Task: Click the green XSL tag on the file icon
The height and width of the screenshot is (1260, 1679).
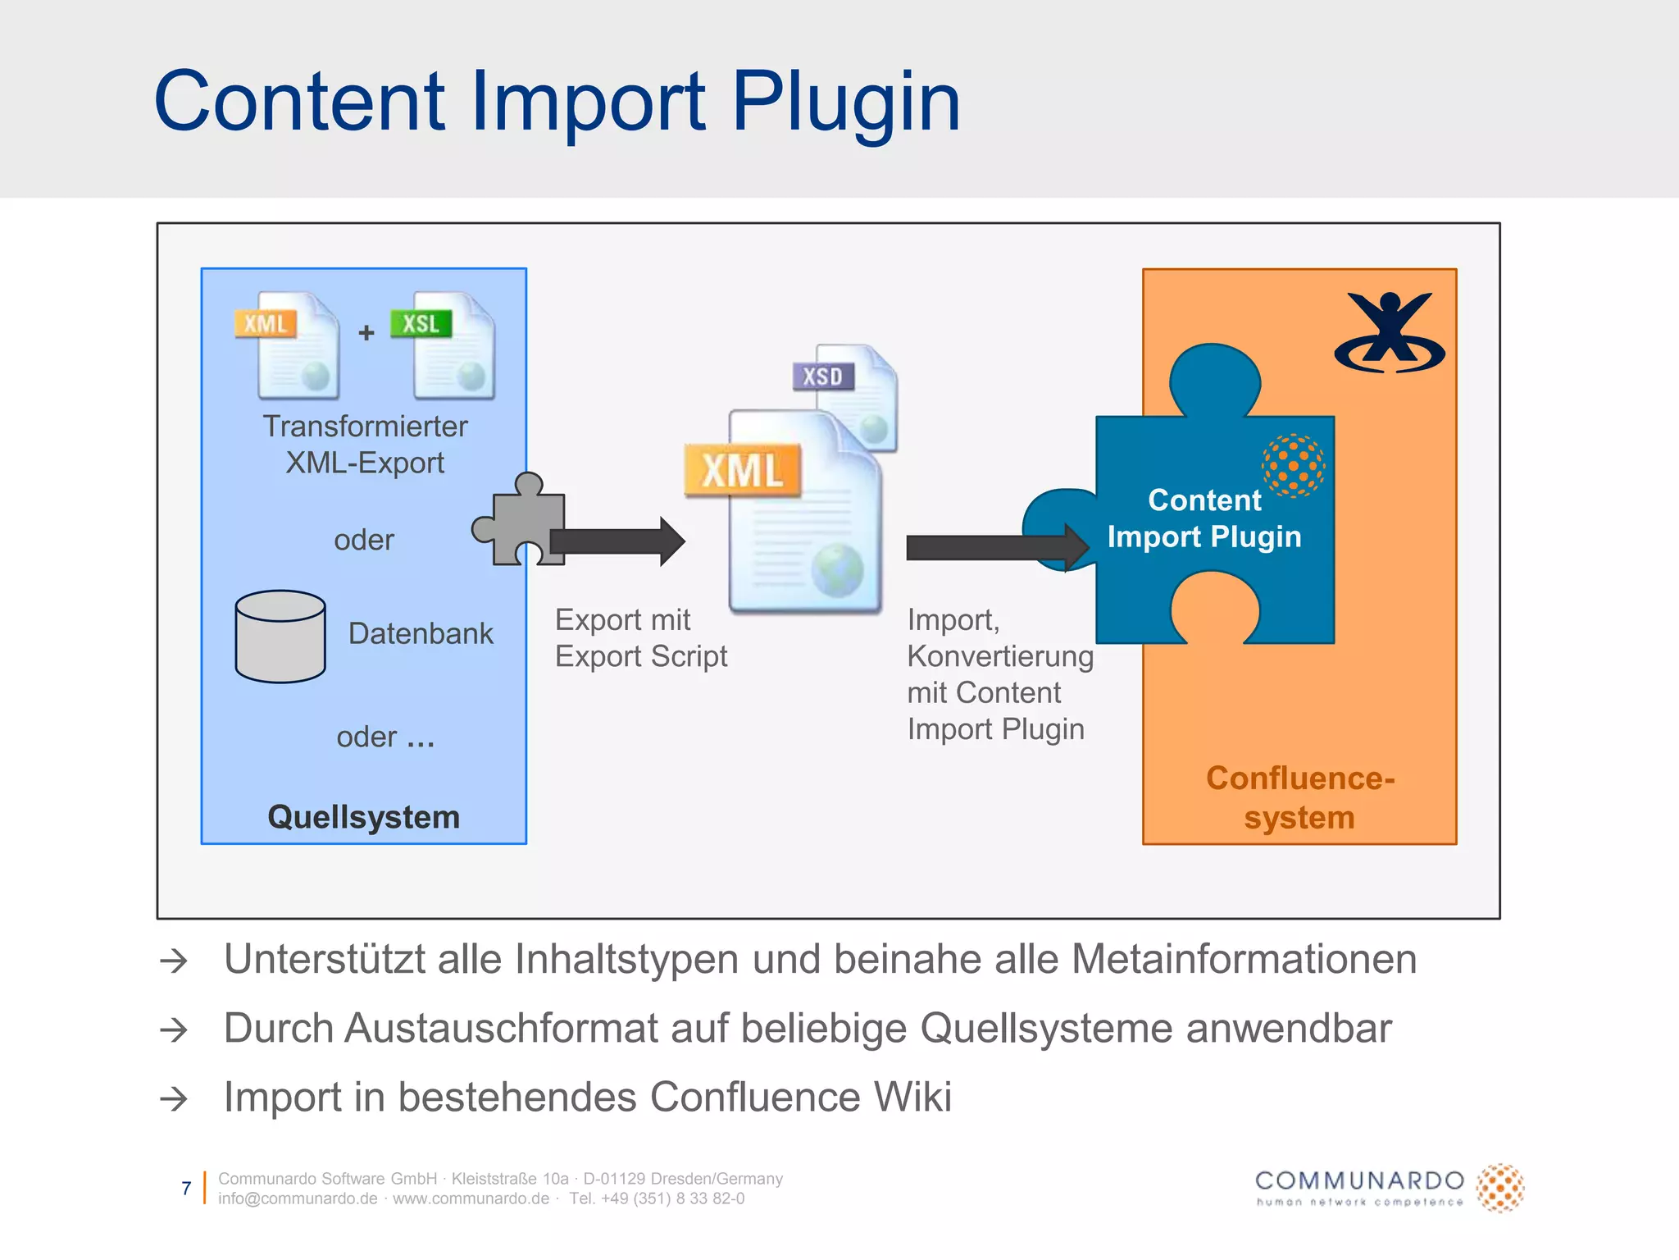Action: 421,323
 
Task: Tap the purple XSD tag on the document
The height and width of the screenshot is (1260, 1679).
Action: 822,377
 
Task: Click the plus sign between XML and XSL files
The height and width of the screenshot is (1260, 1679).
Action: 366,332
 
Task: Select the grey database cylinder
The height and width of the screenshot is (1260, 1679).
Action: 280,637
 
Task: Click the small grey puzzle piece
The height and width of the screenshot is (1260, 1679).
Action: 521,522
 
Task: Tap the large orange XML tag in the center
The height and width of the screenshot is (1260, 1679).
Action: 743,471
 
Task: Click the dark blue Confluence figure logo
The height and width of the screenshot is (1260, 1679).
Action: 1390,332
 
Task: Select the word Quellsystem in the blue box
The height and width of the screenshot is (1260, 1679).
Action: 363,817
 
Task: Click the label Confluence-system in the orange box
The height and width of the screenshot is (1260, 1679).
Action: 1299,797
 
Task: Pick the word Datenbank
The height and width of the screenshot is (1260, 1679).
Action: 421,633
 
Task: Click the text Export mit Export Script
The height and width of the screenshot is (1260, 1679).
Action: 640,638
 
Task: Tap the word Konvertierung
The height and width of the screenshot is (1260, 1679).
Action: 1000,656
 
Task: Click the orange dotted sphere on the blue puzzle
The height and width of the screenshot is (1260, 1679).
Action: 1293,466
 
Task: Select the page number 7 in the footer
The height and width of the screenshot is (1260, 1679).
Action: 186,1188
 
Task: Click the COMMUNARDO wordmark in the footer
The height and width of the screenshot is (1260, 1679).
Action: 1359,1181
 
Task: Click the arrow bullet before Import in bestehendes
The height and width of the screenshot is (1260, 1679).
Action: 174,1098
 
